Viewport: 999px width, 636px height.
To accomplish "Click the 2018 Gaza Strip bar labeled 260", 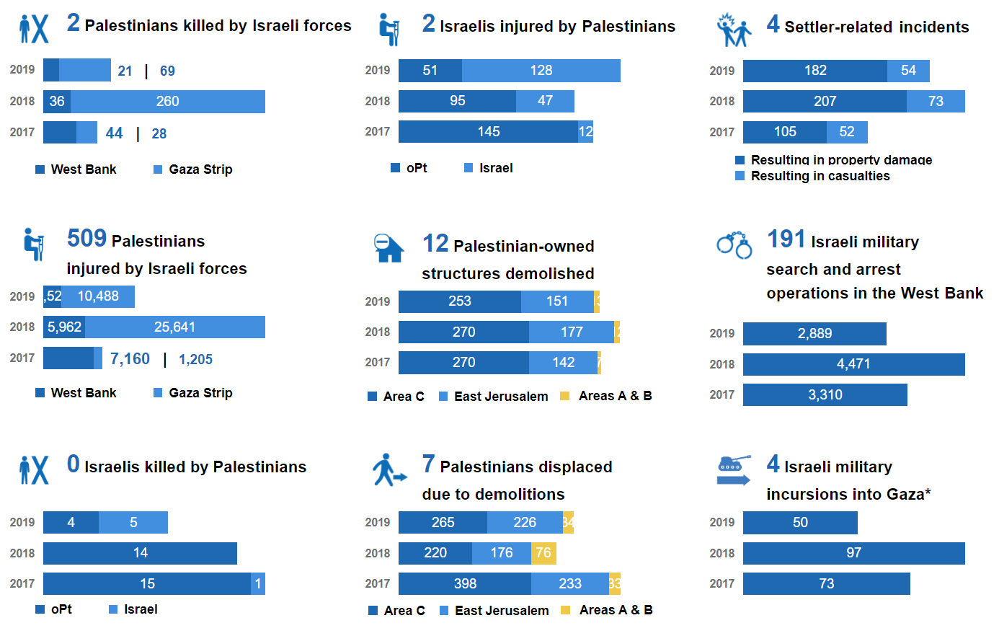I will point(167,102).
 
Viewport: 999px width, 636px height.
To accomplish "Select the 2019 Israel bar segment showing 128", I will point(541,71).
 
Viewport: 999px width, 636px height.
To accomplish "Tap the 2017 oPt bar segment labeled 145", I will point(488,132).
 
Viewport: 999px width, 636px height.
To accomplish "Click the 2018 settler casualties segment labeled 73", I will point(935,102).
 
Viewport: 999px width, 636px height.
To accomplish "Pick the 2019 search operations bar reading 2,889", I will point(814,334).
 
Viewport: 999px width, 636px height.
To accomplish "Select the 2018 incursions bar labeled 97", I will point(853,553).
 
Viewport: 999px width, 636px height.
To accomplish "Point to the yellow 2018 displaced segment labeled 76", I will point(543,553).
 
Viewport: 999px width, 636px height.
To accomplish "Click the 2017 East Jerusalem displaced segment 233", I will point(569,584).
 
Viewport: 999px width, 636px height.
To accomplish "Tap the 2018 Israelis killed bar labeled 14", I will point(140,553).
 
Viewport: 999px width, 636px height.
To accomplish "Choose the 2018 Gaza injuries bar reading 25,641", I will point(174,327).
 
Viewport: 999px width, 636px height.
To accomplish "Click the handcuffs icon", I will point(734,245).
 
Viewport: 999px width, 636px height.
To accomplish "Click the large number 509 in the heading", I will point(86,239).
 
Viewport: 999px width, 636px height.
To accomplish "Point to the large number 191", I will point(786,239).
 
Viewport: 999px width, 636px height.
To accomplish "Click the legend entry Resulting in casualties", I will point(820,176).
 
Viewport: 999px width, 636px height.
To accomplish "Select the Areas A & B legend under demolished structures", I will point(614,396).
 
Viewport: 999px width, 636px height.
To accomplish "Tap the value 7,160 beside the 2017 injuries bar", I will point(130,359).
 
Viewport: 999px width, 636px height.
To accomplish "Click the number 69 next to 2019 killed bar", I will point(167,71).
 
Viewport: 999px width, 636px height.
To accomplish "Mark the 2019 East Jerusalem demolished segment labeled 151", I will point(556,301).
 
